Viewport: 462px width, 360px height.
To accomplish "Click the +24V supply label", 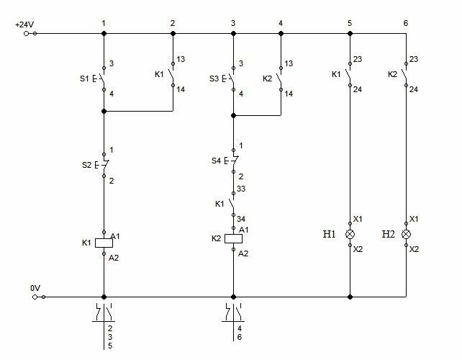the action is click(x=24, y=24).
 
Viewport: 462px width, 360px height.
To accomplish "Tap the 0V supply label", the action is click(x=35, y=288).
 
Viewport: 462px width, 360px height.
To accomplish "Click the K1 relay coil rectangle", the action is click(x=104, y=243).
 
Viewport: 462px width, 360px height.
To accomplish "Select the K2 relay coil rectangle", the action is click(x=234, y=239).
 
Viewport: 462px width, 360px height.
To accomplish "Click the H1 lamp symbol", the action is click(x=350, y=235).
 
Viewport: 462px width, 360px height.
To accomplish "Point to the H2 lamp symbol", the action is click(x=407, y=235).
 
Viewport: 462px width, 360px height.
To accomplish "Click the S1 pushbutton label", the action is click(x=84, y=78).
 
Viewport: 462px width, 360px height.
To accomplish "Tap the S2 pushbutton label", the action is click(x=86, y=165).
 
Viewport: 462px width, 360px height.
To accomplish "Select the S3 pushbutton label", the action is click(x=214, y=78).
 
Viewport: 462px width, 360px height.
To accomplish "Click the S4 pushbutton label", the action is click(x=217, y=161).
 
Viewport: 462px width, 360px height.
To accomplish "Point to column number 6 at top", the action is click(x=406, y=23).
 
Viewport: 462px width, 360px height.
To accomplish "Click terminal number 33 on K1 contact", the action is click(x=241, y=189).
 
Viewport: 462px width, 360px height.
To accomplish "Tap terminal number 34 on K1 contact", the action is click(x=241, y=219).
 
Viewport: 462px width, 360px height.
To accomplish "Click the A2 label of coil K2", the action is click(x=243, y=253).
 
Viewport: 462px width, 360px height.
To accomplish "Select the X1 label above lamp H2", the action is click(x=414, y=219).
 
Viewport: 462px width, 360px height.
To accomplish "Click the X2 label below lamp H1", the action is click(x=358, y=249).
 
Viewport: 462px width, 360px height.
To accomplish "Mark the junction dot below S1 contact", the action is click(x=104, y=111).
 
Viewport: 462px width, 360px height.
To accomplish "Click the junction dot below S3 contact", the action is click(x=233, y=116).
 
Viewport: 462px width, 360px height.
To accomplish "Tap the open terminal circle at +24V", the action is click(x=26, y=34).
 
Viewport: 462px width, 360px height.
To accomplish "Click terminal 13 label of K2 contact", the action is click(x=289, y=63).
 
